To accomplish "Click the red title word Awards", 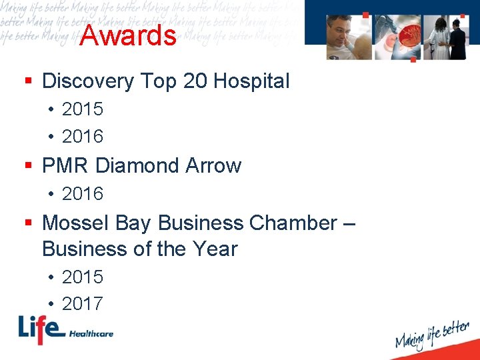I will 127,35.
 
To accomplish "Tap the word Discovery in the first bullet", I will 87,81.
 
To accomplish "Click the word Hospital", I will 250,81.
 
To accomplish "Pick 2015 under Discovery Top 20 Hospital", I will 83,109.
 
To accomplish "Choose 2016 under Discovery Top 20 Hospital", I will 83,137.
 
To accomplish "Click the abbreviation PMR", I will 66,165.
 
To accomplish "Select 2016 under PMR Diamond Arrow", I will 83,194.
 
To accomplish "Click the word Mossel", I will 73,223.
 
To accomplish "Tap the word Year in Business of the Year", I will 215,249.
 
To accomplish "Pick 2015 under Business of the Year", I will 83,277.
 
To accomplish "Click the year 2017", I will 83,304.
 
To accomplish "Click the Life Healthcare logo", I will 65,330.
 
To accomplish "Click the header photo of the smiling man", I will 348,37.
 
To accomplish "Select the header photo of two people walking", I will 447,37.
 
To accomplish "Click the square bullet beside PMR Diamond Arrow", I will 28,165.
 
